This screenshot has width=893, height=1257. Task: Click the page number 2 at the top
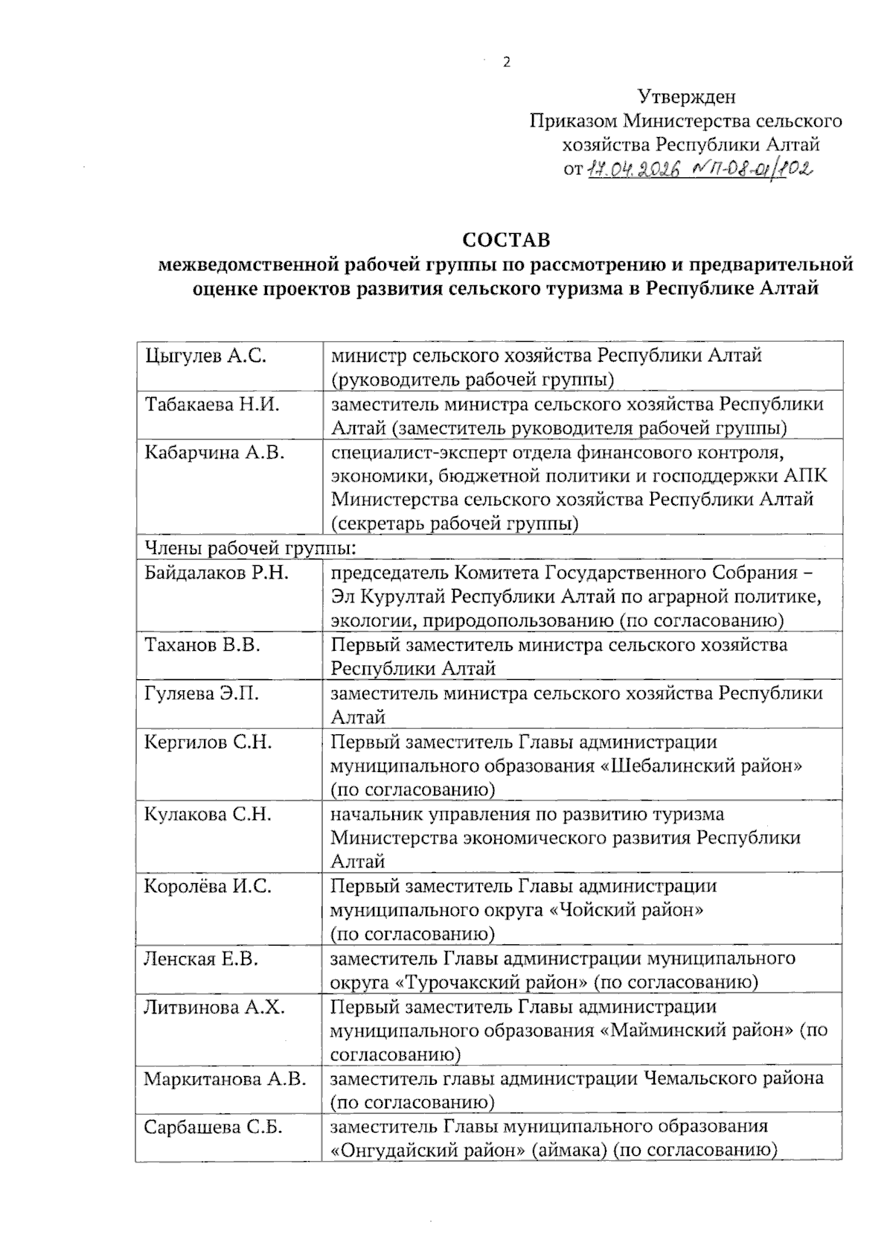(x=507, y=63)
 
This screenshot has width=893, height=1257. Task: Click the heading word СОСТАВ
(x=506, y=241)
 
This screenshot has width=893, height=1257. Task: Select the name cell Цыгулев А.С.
(x=205, y=356)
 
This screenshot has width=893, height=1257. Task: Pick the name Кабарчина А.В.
(x=214, y=452)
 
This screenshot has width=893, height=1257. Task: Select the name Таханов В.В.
(x=202, y=645)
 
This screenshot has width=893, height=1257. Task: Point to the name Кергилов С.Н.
(x=208, y=742)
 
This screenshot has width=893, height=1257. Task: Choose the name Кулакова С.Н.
(x=208, y=814)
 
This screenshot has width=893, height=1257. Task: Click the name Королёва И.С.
(x=208, y=886)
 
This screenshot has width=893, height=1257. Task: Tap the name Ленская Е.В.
(x=201, y=958)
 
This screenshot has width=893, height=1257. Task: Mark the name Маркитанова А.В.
(x=225, y=1078)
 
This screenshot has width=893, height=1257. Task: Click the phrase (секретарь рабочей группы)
(x=455, y=524)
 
